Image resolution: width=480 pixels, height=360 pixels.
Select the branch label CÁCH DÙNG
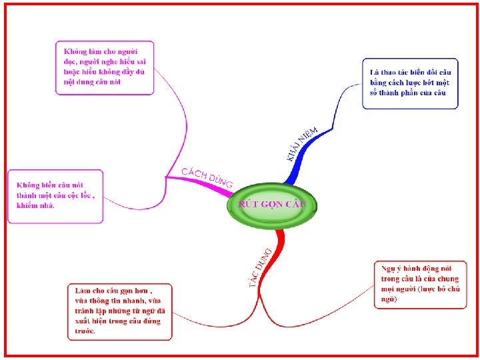point(207,177)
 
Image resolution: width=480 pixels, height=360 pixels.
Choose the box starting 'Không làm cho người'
point(105,68)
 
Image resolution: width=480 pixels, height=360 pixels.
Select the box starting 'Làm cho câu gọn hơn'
point(120,311)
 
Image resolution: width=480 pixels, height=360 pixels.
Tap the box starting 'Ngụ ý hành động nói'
point(420,285)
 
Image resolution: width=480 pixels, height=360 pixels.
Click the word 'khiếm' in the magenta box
point(28,206)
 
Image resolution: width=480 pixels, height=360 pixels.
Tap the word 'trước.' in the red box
point(85,331)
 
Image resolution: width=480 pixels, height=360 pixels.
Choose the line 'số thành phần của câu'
point(407,93)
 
